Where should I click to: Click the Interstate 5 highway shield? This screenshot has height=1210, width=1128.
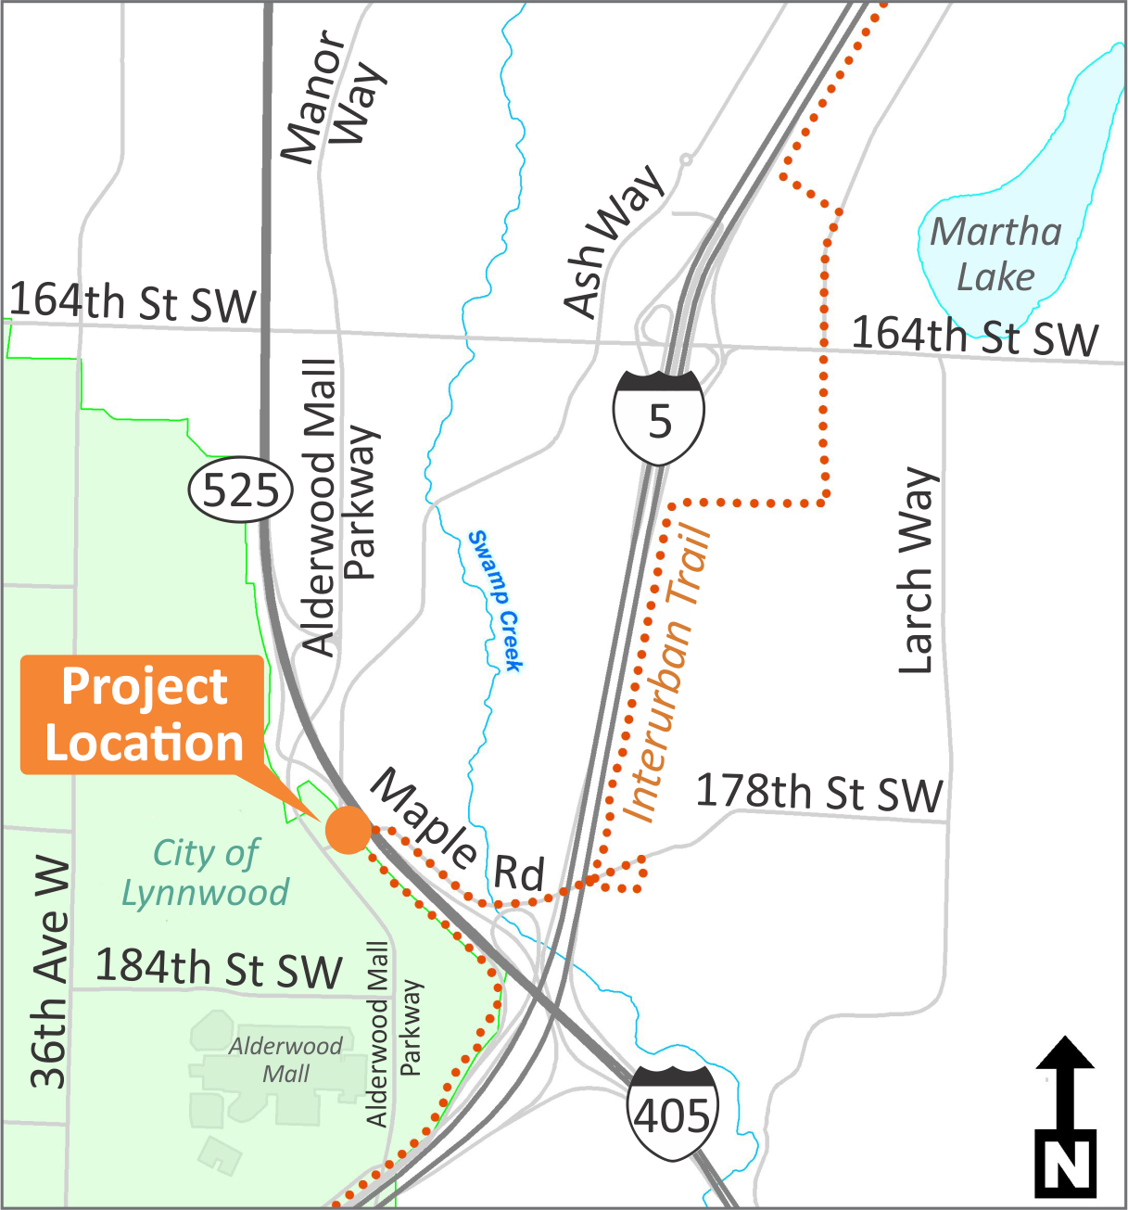658,417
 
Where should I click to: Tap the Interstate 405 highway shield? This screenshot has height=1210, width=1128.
672,1113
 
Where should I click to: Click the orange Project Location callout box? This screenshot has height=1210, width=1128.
144,715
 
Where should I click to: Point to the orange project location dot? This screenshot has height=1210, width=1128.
349,829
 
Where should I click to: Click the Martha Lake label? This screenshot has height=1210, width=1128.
995,254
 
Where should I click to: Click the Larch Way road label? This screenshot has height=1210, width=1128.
919,570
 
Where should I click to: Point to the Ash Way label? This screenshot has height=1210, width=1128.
613,240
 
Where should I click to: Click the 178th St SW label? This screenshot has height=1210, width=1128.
819,793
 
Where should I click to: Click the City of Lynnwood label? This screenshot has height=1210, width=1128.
206,872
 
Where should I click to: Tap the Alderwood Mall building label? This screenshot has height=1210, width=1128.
285,1060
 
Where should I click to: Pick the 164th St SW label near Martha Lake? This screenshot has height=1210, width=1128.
975,336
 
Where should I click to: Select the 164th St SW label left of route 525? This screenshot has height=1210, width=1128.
133,303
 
